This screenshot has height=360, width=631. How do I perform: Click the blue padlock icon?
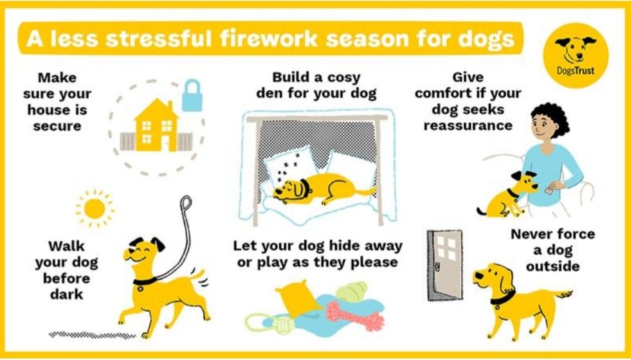pyautogui.click(x=192, y=95)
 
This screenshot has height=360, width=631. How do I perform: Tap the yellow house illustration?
pyautogui.click(x=156, y=125)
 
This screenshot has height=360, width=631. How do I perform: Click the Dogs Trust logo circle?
pyautogui.click(x=576, y=55)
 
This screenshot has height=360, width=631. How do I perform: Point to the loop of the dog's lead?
pyautogui.click(x=185, y=203)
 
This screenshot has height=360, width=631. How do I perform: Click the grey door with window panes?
pyautogui.click(x=445, y=265)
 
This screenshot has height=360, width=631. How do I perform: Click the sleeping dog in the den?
pyautogui.click(x=322, y=188)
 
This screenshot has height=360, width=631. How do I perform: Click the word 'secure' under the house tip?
pyautogui.click(x=57, y=126)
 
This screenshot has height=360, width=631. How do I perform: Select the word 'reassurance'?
pyautogui.click(x=468, y=125)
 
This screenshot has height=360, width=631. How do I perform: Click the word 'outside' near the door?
pyautogui.click(x=553, y=266)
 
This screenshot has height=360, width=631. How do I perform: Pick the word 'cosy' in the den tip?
pyautogui.click(x=343, y=77)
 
